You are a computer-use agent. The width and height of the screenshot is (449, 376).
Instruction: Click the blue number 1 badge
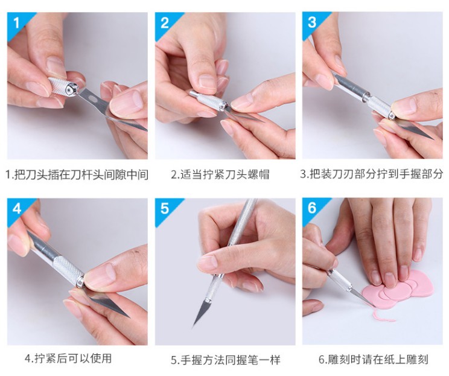[17, 24]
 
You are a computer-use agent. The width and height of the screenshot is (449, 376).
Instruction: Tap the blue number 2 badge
[165, 24]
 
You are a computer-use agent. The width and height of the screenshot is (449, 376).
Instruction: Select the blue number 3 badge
[313, 23]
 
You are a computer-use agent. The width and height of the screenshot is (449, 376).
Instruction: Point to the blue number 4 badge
[17, 209]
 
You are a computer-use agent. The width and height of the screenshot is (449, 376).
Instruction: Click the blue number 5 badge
[165, 209]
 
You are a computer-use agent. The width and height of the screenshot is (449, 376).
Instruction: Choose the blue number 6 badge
[313, 208]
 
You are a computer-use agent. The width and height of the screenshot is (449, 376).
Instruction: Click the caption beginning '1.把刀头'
[77, 174]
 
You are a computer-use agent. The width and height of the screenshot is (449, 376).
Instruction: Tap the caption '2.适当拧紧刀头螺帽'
[220, 174]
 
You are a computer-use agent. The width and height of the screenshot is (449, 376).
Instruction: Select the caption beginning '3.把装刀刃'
[371, 174]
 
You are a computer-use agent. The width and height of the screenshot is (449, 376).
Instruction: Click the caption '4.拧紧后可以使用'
[68, 358]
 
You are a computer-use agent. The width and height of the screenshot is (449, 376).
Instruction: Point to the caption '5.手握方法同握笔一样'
[226, 360]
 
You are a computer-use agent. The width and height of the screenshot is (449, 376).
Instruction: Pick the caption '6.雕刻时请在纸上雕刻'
[374, 359]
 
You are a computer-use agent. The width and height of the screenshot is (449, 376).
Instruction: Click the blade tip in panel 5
[193, 327]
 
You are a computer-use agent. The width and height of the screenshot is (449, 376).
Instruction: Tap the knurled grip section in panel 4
[68, 270]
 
